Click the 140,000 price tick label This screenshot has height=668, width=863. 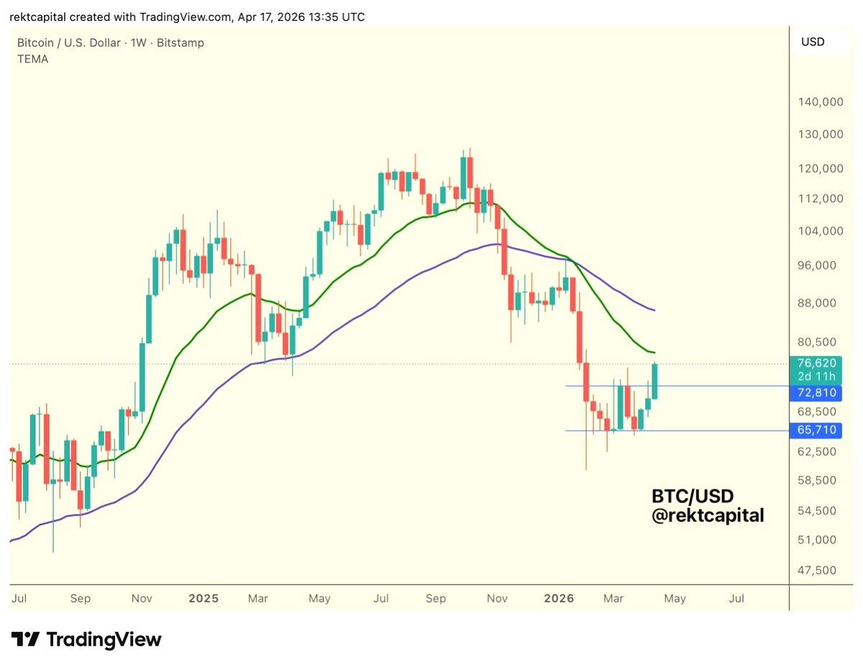(821, 102)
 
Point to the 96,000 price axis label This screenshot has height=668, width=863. (821, 265)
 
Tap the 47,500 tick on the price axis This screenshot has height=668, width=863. (821, 570)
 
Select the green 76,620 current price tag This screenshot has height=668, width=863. (816, 363)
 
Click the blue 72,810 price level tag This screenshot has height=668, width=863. (816, 393)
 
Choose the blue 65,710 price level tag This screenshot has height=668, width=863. (816, 430)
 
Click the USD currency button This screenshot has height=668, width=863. (813, 42)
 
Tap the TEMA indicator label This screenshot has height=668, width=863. (33, 59)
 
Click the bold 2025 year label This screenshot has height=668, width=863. (203, 598)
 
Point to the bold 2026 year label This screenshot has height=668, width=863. (559, 598)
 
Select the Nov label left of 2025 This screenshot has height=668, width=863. (142, 598)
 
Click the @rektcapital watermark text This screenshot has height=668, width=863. (708, 515)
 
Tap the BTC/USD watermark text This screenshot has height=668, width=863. (693, 497)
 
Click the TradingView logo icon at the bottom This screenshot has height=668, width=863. (25, 639)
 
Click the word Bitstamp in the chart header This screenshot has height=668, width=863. (181, 42)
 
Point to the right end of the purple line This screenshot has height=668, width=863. (654, 310)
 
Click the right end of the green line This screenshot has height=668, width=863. (654, 353)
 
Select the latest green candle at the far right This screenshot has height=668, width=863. (655, 382)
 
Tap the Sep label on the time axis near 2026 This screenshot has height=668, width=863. (436, 598)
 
